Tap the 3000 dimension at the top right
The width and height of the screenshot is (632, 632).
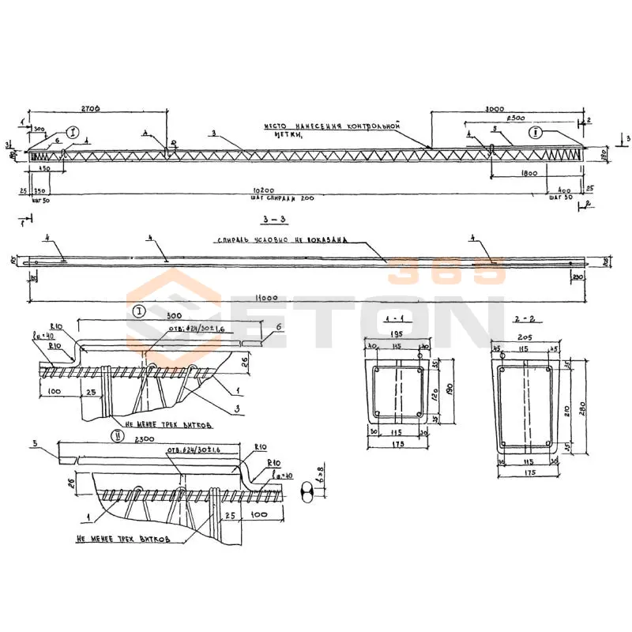coord(495,107)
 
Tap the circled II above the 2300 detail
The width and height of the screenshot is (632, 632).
coord(118,434)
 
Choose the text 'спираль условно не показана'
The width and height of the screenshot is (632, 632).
coord(280,241)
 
